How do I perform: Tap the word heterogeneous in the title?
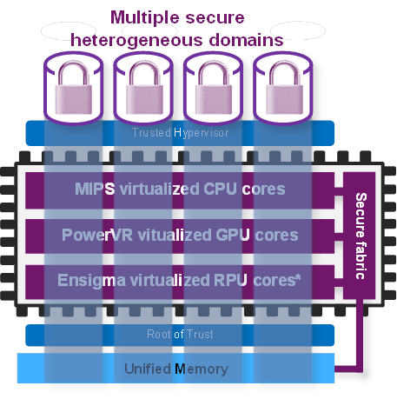136,41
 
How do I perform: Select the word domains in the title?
246,40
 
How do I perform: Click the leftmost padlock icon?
74,88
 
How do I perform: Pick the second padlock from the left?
144,88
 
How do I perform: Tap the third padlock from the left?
214,88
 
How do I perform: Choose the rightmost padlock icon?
284,88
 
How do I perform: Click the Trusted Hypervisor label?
181,133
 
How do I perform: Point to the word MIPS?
95,189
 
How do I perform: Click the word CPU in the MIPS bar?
221,189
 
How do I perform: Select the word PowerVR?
97,235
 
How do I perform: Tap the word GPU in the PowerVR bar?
233,235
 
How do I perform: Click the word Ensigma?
91,281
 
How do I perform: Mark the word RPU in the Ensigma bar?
230,280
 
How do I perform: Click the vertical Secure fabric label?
361,236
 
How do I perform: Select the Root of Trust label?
180,335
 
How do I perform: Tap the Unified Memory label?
176,369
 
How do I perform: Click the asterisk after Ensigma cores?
298,277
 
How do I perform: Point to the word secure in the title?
215,18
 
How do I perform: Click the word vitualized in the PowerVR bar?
175,235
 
